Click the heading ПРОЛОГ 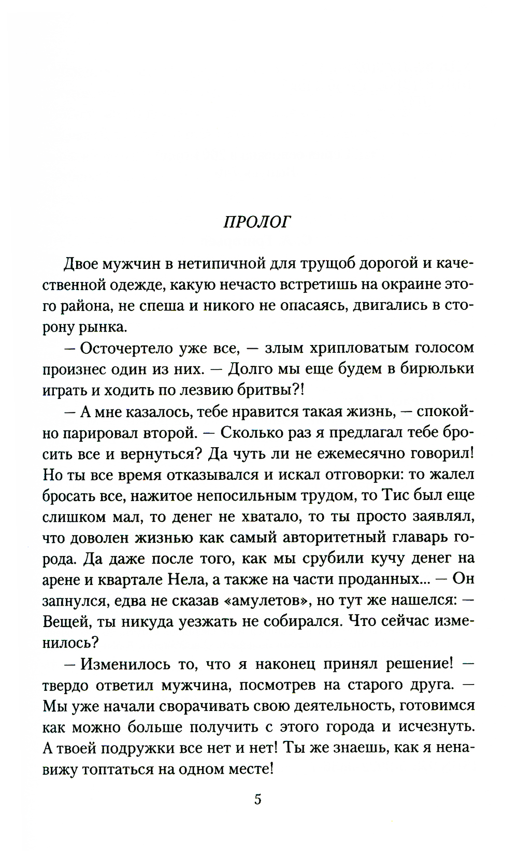tap(257, 222)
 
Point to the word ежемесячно tap(366, 453)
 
